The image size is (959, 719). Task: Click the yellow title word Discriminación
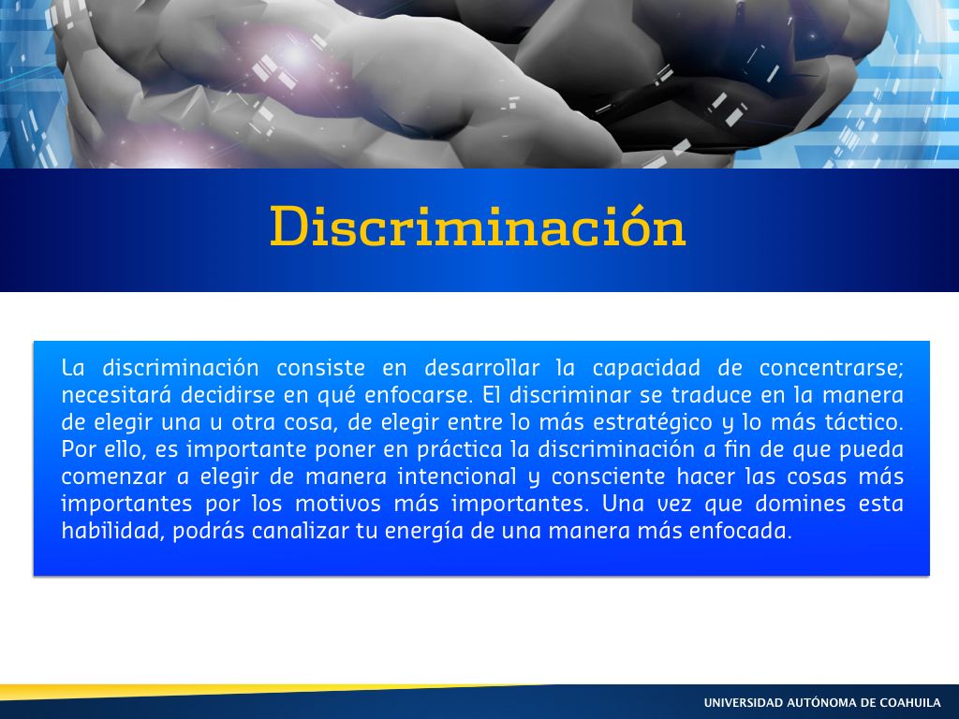click(x=478, y=227)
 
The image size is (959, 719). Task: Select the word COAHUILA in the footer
click(x=910, y=702)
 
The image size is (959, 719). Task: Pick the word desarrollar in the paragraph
click(x=482, y=367)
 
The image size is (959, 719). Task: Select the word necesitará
click(x=116, y=394)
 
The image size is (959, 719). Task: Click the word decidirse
click(x=228, y=394)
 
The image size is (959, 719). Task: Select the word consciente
click(x=609, y=477)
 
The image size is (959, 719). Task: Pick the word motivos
click(x=336, y=504)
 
